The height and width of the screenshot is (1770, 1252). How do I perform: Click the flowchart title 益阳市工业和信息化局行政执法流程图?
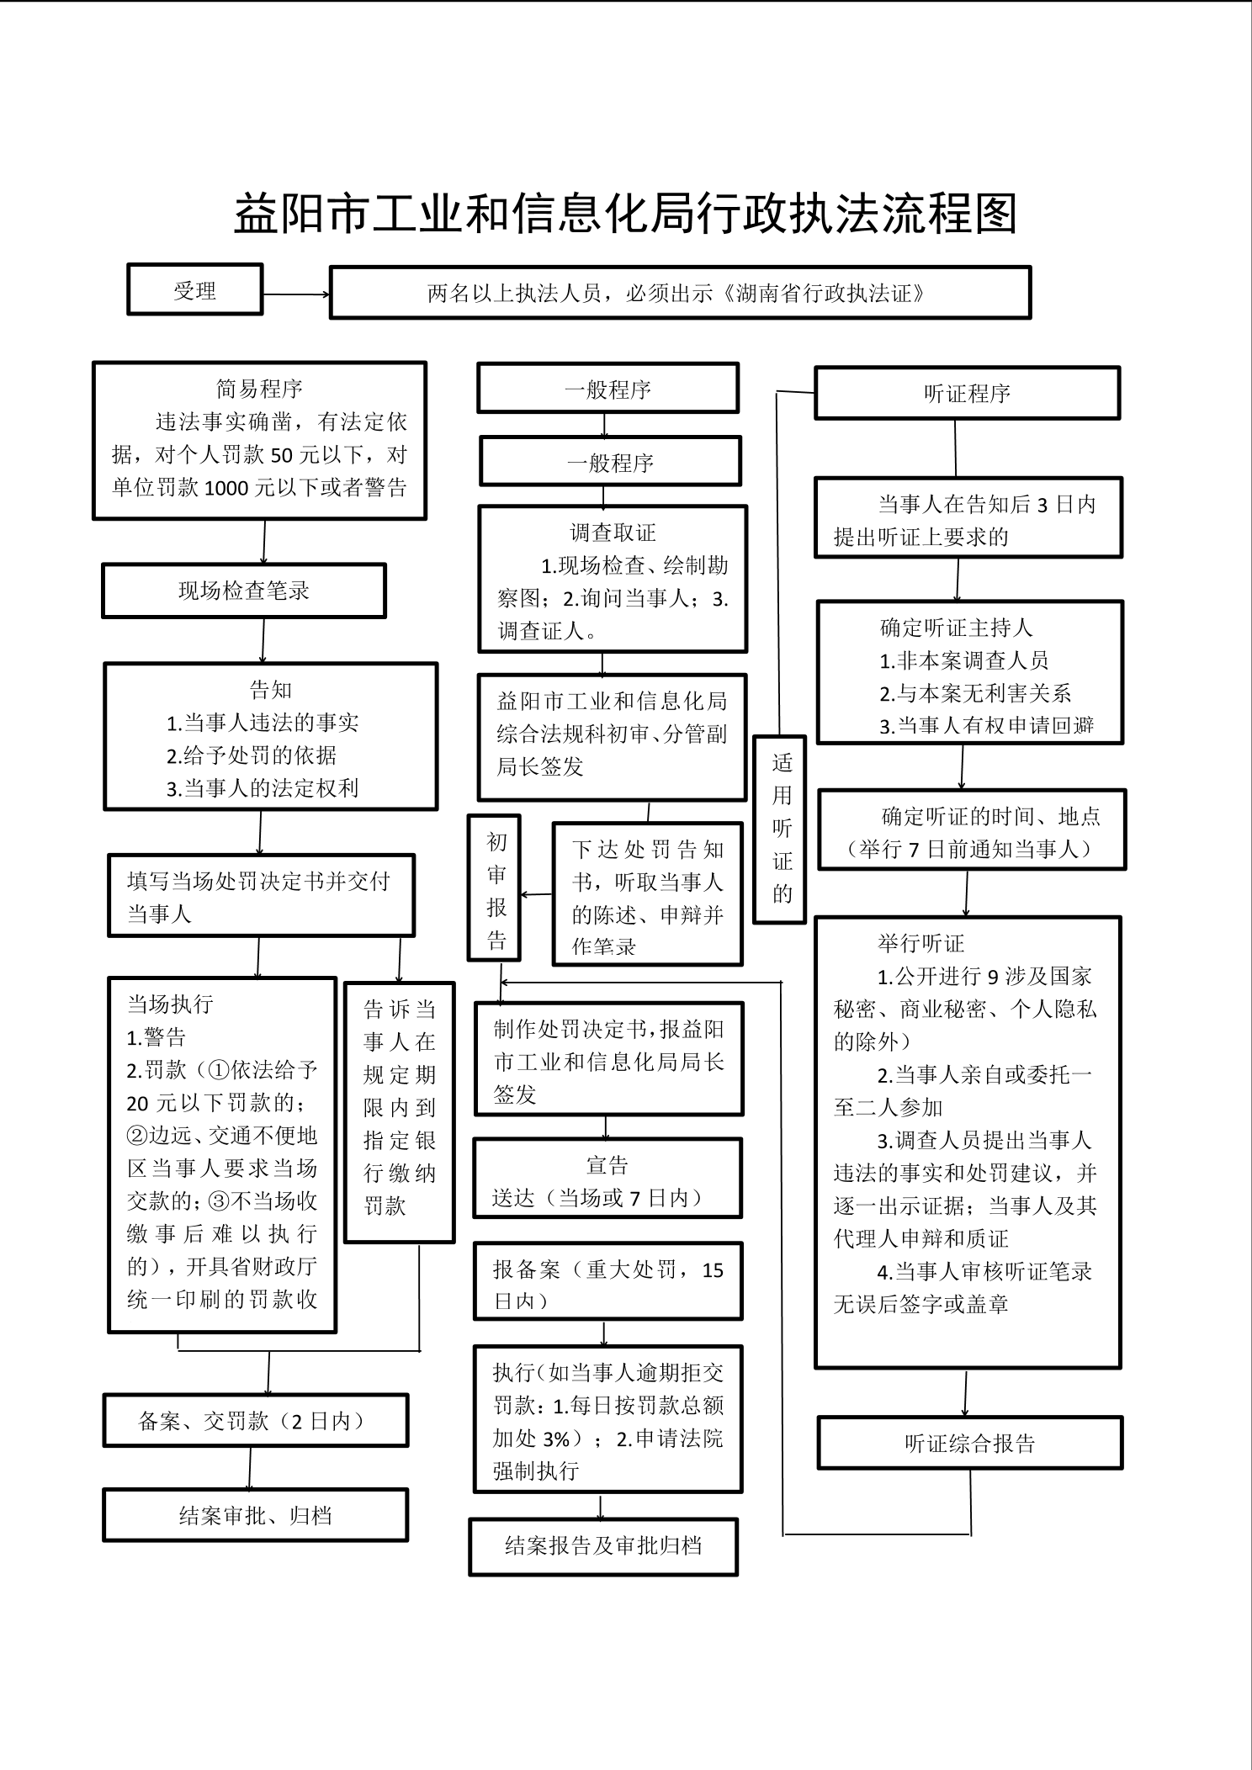tap(625, 215)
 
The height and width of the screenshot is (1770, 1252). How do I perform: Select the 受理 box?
tap(195, 290)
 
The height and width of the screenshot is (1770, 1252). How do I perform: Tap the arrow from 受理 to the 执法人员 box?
tap(296, 294)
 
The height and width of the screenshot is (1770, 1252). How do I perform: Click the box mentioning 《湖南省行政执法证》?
tap(680, 294)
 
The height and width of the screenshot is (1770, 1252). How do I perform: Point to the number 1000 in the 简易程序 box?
tap(227, 489)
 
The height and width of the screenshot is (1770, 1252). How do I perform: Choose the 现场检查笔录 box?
tap(244, 591)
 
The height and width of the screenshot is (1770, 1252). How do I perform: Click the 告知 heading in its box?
tap(271, 691)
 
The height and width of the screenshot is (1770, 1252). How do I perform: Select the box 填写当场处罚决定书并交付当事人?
tap(261, 897)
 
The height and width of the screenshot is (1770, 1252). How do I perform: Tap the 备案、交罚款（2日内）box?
tap(255, 1422)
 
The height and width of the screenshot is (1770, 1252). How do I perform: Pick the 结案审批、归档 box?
tap(255, 1516)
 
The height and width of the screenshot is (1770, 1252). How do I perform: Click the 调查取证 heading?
tap(613, 533)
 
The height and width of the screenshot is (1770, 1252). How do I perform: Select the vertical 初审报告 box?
tap(495, 888)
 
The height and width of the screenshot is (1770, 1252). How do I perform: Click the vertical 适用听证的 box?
tap(780, 829)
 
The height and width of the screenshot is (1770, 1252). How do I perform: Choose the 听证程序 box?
tap(967, 394)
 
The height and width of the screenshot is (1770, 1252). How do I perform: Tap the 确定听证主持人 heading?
tap(956, 628)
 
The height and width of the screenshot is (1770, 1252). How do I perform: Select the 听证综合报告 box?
tap(969, 1444)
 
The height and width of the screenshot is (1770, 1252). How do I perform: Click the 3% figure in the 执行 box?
tap(556, 1440)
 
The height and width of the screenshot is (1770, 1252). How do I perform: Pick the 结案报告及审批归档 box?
tap(603, 1546)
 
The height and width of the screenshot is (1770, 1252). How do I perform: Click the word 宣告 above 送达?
tap(607, 1166)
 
